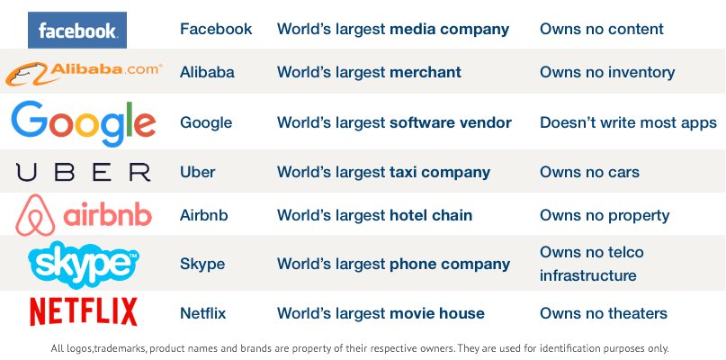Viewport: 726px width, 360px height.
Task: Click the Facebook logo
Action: tap(77, 30)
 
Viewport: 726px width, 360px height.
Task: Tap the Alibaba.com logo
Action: tap(84, 73)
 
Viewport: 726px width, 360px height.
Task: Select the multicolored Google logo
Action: tap(84, 123)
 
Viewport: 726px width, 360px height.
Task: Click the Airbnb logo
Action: tap(84, 216)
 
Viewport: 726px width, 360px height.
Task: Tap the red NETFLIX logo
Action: tap(84, 311)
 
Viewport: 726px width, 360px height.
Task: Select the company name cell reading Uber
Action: tap(197, 171)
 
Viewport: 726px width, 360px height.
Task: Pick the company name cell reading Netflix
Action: tap(202, 313)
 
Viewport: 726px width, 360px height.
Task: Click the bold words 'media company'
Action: tap(449, 30)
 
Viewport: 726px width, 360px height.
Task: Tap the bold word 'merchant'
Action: tap(426, 72)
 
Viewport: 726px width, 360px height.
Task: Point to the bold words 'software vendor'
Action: tap(451, 122)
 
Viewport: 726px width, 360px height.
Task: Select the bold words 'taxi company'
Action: tap(440, 171)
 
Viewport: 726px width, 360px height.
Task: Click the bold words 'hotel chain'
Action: tap(431, 215)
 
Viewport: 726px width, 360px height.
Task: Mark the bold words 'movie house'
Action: tap(437, 313)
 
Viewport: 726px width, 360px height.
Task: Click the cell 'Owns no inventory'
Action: tap(607, 72)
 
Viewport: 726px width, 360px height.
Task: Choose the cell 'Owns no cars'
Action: tap(589, 171)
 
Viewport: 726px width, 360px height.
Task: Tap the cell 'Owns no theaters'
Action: tap(604, 313)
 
